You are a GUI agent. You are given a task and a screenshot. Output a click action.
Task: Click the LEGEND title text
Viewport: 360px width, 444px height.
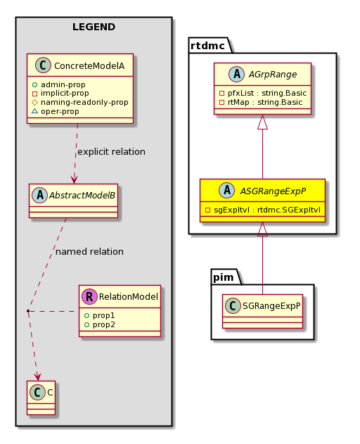(x=94, y=27)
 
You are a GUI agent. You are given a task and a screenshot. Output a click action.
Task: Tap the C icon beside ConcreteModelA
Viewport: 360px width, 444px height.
(x=43, y=65)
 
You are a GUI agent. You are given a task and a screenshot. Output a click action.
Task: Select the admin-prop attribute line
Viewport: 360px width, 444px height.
(x=59, y=84)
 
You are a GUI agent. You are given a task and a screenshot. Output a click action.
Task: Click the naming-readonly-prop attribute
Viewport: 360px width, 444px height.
(x=80, y=102)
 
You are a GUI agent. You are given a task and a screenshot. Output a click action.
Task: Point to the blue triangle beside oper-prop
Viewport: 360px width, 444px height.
(x=35, y=111)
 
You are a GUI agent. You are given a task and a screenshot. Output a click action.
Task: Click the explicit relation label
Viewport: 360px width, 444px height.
(x=111, y=152)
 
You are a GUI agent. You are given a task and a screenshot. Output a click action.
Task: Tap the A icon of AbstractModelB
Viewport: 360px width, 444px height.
(x=39, y=195)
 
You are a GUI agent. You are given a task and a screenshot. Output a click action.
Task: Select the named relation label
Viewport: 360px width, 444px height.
(x=89, y=252)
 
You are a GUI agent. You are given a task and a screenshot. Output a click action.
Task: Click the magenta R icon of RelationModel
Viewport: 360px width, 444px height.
(x=89, y=296)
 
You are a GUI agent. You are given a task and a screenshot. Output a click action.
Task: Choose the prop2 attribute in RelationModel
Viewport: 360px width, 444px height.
(x=100, y=324)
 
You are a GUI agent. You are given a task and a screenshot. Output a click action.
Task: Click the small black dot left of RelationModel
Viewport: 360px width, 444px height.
(x=28, y=311)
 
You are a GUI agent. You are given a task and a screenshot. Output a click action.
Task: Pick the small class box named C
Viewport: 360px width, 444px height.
(x=41, y=398)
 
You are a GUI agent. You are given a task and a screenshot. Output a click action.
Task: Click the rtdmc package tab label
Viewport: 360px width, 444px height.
(x=207, y=46)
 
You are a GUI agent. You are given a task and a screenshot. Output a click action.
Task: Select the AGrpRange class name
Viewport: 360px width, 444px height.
(x=273, y=75)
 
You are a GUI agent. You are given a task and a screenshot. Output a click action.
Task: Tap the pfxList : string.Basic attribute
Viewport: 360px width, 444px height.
(x=263, y=93)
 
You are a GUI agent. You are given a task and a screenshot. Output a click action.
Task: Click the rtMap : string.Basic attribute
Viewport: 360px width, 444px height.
(x=261, y=102)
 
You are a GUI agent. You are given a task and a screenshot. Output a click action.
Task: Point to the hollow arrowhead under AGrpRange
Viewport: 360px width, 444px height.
(x=262, y=122)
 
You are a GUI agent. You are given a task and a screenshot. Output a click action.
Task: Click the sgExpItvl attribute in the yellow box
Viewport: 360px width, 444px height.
(x=263, y=210)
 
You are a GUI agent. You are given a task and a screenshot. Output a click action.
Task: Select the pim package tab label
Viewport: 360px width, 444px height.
(x=224, y=277)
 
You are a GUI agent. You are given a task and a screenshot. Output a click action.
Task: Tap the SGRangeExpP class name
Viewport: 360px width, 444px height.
(x=271, y=306)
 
